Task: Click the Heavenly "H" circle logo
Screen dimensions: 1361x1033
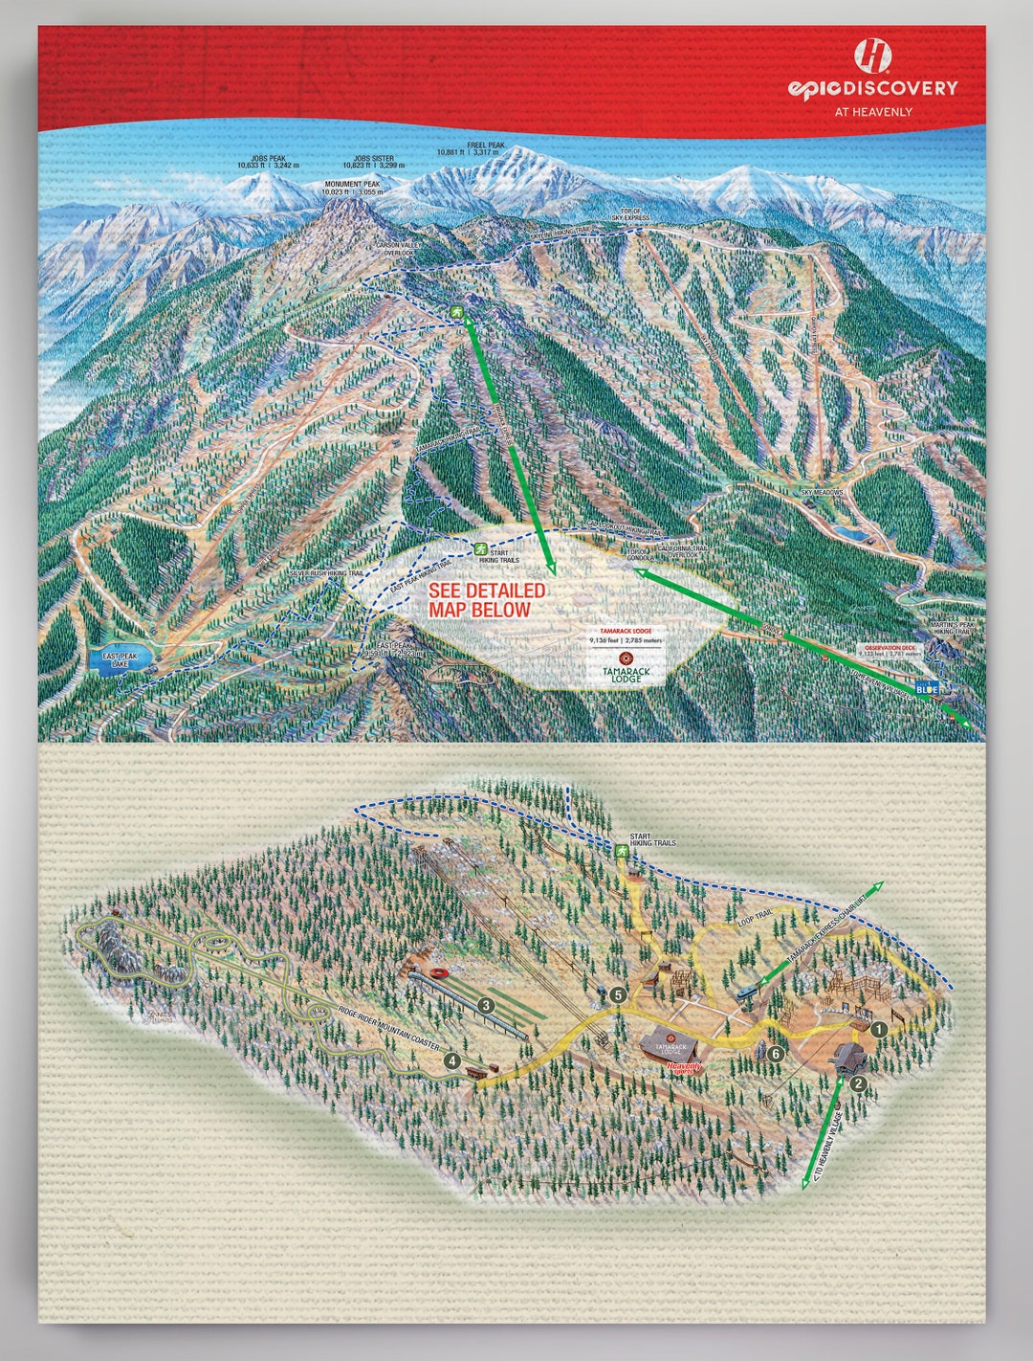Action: (872, 56)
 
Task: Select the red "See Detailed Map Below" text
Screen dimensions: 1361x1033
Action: (487, 600)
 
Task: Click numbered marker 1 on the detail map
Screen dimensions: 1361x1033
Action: (879, 1029)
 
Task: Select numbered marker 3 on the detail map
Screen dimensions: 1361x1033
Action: (486, 1005)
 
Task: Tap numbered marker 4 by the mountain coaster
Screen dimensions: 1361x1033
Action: (451, 1060)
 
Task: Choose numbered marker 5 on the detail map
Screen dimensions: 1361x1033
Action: (619, 995)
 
